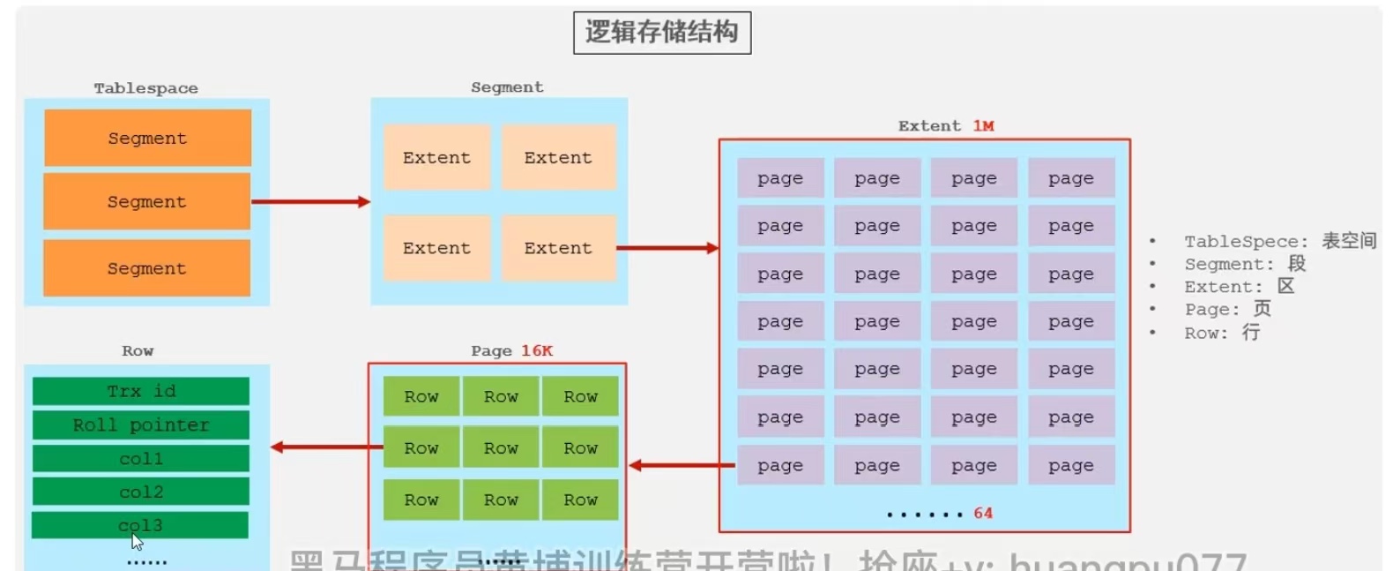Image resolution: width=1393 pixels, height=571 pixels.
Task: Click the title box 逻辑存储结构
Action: tap(661, 33)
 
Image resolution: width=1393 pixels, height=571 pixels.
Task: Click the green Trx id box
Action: tap(141, 391)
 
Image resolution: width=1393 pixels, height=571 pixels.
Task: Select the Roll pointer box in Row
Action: tap(141, 425)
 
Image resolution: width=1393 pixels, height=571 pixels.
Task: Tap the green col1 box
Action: tap(141, 459)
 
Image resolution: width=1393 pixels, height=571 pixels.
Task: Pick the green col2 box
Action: tap(141, 492)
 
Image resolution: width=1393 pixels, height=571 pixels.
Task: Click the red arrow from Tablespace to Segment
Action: tap(310, 202)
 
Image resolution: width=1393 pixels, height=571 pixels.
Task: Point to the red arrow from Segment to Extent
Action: tap(667, 248)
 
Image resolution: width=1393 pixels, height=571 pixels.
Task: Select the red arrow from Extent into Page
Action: tap(682, 465)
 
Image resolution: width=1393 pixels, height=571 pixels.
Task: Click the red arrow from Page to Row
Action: tap(326, 447)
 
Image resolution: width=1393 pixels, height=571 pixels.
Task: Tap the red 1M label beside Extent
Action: tap(983, 126)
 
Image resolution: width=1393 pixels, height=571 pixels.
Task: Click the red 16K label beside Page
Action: tap(537, 351)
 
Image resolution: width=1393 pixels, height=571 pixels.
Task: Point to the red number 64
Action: tap(983, 514)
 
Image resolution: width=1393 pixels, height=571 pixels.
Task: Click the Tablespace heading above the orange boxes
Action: tap(146, 88)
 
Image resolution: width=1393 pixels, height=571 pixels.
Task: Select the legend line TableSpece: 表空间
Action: tap(1279, 241)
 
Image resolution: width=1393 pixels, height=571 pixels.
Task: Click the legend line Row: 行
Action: tap(1222, 333)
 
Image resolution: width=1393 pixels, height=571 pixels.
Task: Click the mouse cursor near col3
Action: tap(137, 542)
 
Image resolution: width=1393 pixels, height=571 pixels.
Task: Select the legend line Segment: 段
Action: tap(1244, 264)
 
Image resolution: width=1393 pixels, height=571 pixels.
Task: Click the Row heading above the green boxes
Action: tap(138, 351)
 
